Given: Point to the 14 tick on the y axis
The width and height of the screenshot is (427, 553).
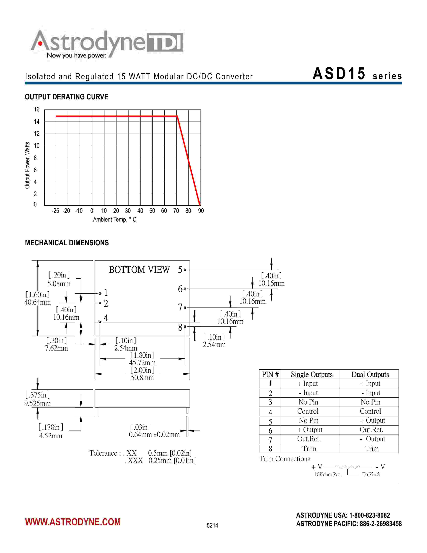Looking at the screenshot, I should click(37, 122).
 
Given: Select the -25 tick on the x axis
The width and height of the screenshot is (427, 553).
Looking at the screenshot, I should click(55, 211).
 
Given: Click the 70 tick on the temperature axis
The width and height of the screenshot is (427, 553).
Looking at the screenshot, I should click(176, 211).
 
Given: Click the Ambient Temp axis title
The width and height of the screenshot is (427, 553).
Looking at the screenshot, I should click(115, 220).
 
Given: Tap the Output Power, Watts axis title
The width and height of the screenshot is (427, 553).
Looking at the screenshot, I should click(27, 165).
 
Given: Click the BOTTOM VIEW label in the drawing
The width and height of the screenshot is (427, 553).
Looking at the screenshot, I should click(139, 270).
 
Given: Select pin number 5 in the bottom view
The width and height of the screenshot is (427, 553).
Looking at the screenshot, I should click(180, 270).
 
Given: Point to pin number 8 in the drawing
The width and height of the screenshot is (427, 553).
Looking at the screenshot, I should click(180, 327).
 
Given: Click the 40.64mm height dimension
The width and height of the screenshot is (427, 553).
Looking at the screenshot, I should click(38, 302).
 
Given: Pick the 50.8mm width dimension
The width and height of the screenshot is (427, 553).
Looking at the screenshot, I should click(142, 378).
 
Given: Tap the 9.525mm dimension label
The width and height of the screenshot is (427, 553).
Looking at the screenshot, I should click(38, 403).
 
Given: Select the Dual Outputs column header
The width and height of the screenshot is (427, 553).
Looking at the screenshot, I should click(370, 375).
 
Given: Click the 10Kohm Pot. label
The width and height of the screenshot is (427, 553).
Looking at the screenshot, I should click(328, 475).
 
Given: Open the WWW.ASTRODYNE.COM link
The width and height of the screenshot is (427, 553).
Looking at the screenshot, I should click(73, 522).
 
